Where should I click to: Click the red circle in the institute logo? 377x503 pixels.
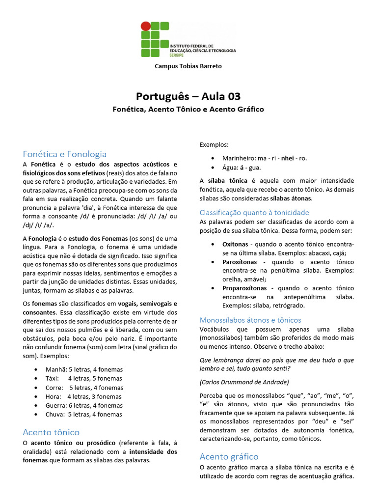[146, 26]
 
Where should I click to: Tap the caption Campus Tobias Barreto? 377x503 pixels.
[188, 66]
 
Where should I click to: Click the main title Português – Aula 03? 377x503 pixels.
[188, 96]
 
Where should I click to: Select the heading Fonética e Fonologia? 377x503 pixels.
[64, 154]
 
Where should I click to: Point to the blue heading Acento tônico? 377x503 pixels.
[51, 432]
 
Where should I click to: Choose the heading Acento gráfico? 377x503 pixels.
[229, 456]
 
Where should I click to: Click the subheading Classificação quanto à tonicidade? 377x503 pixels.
[254, 212]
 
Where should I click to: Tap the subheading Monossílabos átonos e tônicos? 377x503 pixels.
[250, 320]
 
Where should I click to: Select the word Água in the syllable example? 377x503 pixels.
[230, 168]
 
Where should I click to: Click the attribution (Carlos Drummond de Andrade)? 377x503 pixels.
[244, 382]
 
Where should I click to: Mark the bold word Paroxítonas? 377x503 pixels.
[241, 262]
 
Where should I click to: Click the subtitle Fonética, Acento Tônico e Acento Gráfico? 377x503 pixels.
[188, 109]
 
